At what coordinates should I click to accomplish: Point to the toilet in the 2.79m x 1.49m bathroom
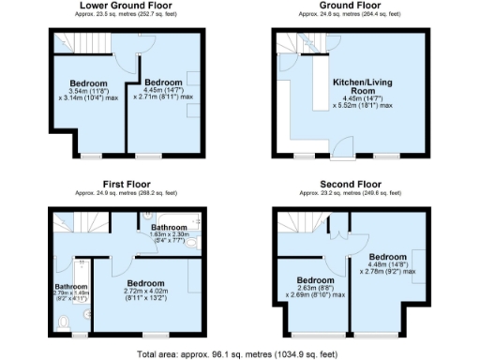pyautogui.click(x=63, y=322)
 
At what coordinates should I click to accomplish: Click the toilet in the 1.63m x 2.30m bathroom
pyautogui.click(x=191, y=240)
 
